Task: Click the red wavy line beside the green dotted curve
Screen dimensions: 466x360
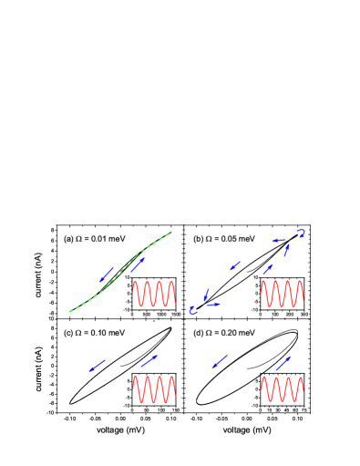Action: (x=153, y=294)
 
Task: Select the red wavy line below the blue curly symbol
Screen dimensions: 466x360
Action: (x=282, y=294)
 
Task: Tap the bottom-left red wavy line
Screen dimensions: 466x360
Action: (x=153, y=388)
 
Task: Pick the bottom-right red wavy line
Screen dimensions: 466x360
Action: (x=282, y=388)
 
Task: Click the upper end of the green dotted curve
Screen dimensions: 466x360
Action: (x=168, y=234)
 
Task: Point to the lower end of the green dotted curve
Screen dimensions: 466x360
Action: (x=70, y=312)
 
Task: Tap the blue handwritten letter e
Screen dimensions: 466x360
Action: (x=192, y=311)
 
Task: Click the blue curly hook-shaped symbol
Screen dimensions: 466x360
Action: (x=301, y=233)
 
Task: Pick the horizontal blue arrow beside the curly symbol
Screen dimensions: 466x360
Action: (x=278, y=241)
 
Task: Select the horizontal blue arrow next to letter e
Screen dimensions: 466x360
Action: (x=212, y=305)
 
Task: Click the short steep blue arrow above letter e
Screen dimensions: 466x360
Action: (x=206, y=295)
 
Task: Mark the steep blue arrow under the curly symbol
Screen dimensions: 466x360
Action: (x=286, y=250)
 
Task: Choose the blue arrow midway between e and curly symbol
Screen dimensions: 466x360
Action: (x=234, y=266)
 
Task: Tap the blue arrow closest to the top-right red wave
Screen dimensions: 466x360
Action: (x=268, y=269)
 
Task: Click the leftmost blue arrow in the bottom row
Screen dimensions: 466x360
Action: (x=98, y=366)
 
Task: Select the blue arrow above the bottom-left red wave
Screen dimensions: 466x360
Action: (x=149, y=362)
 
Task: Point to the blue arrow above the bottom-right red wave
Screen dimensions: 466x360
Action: (x=283, y=363)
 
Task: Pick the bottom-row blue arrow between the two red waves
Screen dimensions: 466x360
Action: (x=220, y=361)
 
